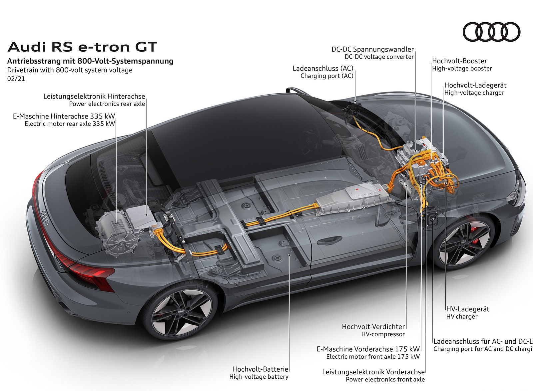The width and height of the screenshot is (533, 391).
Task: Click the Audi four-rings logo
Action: coord(491,32)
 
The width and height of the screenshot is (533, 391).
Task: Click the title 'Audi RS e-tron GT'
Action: coord(82,47)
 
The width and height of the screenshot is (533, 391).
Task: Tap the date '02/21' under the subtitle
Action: coord(16,79)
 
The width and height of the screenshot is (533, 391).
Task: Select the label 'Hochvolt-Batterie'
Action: coord(260,369)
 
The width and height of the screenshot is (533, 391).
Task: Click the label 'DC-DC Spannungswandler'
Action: coord(372,49)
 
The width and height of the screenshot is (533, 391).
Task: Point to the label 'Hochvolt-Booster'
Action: coord(459,61)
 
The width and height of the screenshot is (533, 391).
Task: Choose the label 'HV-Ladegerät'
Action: coord(468,309)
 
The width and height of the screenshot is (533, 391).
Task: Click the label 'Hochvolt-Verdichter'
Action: coord(373,327)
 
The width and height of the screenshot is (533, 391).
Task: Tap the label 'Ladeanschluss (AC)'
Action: coord(323,68)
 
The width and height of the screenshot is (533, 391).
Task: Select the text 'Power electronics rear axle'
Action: coord(107,104)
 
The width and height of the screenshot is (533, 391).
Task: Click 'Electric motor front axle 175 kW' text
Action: coord(373,357)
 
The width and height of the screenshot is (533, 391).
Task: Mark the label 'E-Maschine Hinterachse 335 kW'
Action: coord(64,116)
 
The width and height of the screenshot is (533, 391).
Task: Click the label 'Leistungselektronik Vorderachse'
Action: coord(373,372)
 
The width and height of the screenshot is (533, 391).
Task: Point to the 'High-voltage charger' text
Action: coord(474,93)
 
